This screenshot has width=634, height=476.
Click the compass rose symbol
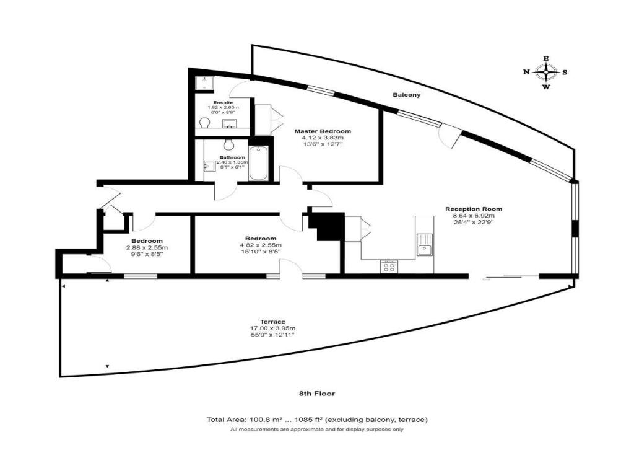click(546, 73)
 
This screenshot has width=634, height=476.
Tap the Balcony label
click(407, 95)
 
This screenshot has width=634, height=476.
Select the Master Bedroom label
click(323, 131)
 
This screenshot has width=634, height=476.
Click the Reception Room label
click(474, 209)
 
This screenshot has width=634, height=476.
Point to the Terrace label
click(272, 322)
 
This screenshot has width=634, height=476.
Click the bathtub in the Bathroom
click(259, 163)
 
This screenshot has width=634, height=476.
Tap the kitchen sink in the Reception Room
click(425, 244)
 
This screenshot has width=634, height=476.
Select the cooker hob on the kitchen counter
click(389, 266)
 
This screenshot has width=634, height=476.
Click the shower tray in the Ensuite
click(204, 84)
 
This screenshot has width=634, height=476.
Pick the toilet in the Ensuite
click(204, 122)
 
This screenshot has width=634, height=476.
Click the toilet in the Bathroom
click(229, 144)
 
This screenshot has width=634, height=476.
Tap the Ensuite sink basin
click(229, 123)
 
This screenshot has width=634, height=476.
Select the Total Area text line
click(317, 420)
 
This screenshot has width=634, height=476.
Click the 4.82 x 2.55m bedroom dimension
click(261, 245)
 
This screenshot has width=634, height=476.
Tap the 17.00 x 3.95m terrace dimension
click(272, 328)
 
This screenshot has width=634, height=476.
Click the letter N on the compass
click(526, 73)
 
